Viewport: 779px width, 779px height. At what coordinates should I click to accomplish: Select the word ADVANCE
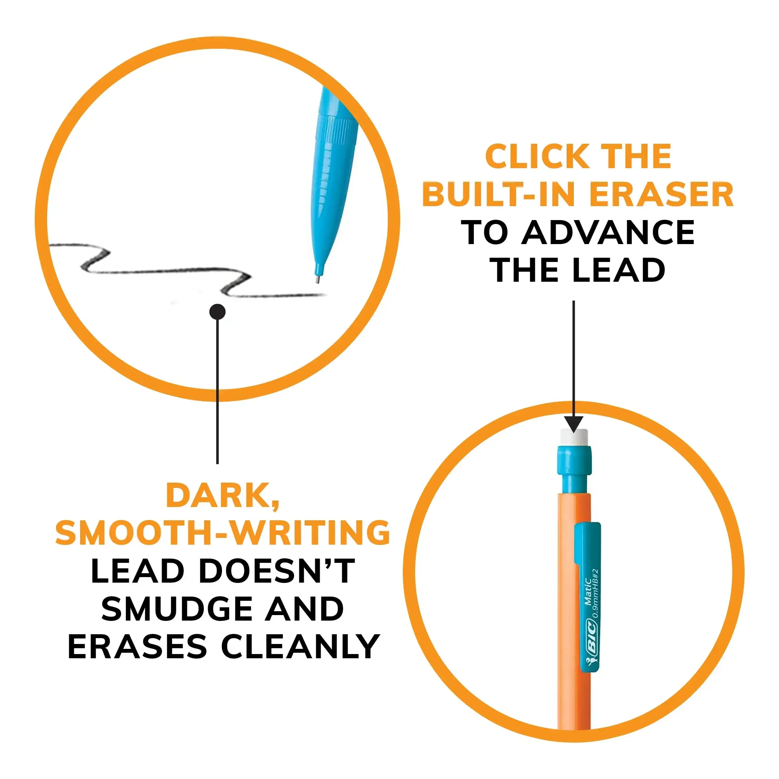[x=608, y=233]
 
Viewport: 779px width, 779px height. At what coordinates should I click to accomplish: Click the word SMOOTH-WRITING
[x=223, y=533]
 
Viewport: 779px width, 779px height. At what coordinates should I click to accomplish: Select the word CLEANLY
[x=300, y=647]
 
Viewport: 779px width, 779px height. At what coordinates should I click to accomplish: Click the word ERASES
[x=137, y=647]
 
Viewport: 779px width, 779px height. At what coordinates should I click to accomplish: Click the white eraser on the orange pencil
[x=574, y=437]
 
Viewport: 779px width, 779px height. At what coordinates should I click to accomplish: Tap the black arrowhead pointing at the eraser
[x=573, y=424]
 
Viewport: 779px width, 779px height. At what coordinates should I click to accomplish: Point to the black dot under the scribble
[x=217, y=312]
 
